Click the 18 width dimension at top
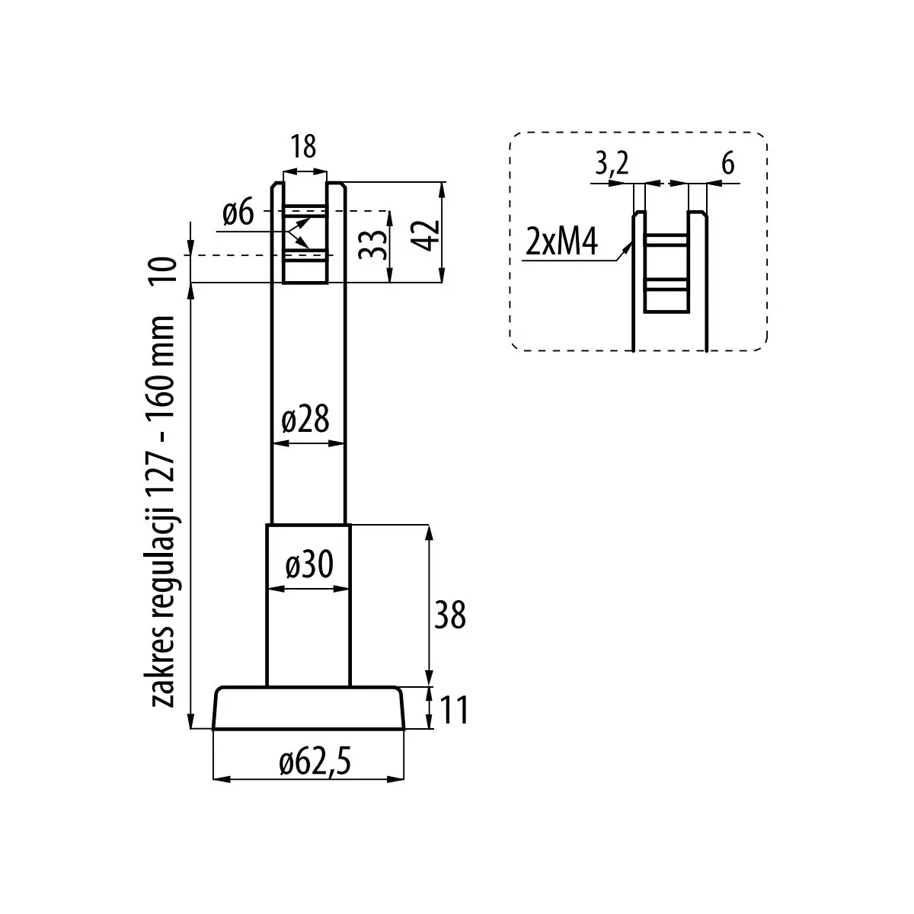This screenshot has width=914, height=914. [303, 146]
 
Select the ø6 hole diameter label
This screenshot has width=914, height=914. [238, 214]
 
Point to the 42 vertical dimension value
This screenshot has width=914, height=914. [425, 235]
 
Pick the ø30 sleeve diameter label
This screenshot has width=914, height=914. [308, 565]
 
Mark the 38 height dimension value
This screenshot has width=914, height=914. [449, 615]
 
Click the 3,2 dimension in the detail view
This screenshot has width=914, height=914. [609, 163]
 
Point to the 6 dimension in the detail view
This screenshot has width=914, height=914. [727, 163]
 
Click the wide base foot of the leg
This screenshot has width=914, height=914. [308, 708]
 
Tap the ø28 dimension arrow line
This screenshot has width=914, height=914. [308, 443]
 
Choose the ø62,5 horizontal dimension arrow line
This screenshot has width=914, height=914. [308, 779]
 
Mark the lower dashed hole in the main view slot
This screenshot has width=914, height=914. [305, 255]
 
